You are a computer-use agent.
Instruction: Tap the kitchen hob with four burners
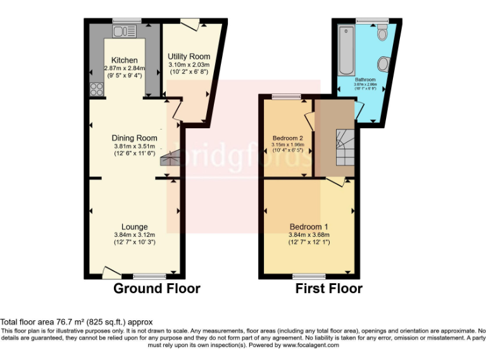97,89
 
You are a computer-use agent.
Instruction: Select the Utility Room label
189,57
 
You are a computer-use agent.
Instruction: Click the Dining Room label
134,138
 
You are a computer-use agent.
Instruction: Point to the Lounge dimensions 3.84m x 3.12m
134,234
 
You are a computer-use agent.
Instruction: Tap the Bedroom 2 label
288,138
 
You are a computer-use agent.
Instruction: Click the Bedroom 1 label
309,227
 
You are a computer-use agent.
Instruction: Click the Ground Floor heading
156,289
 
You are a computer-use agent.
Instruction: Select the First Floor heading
329,289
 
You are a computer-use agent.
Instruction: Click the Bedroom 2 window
287,96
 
